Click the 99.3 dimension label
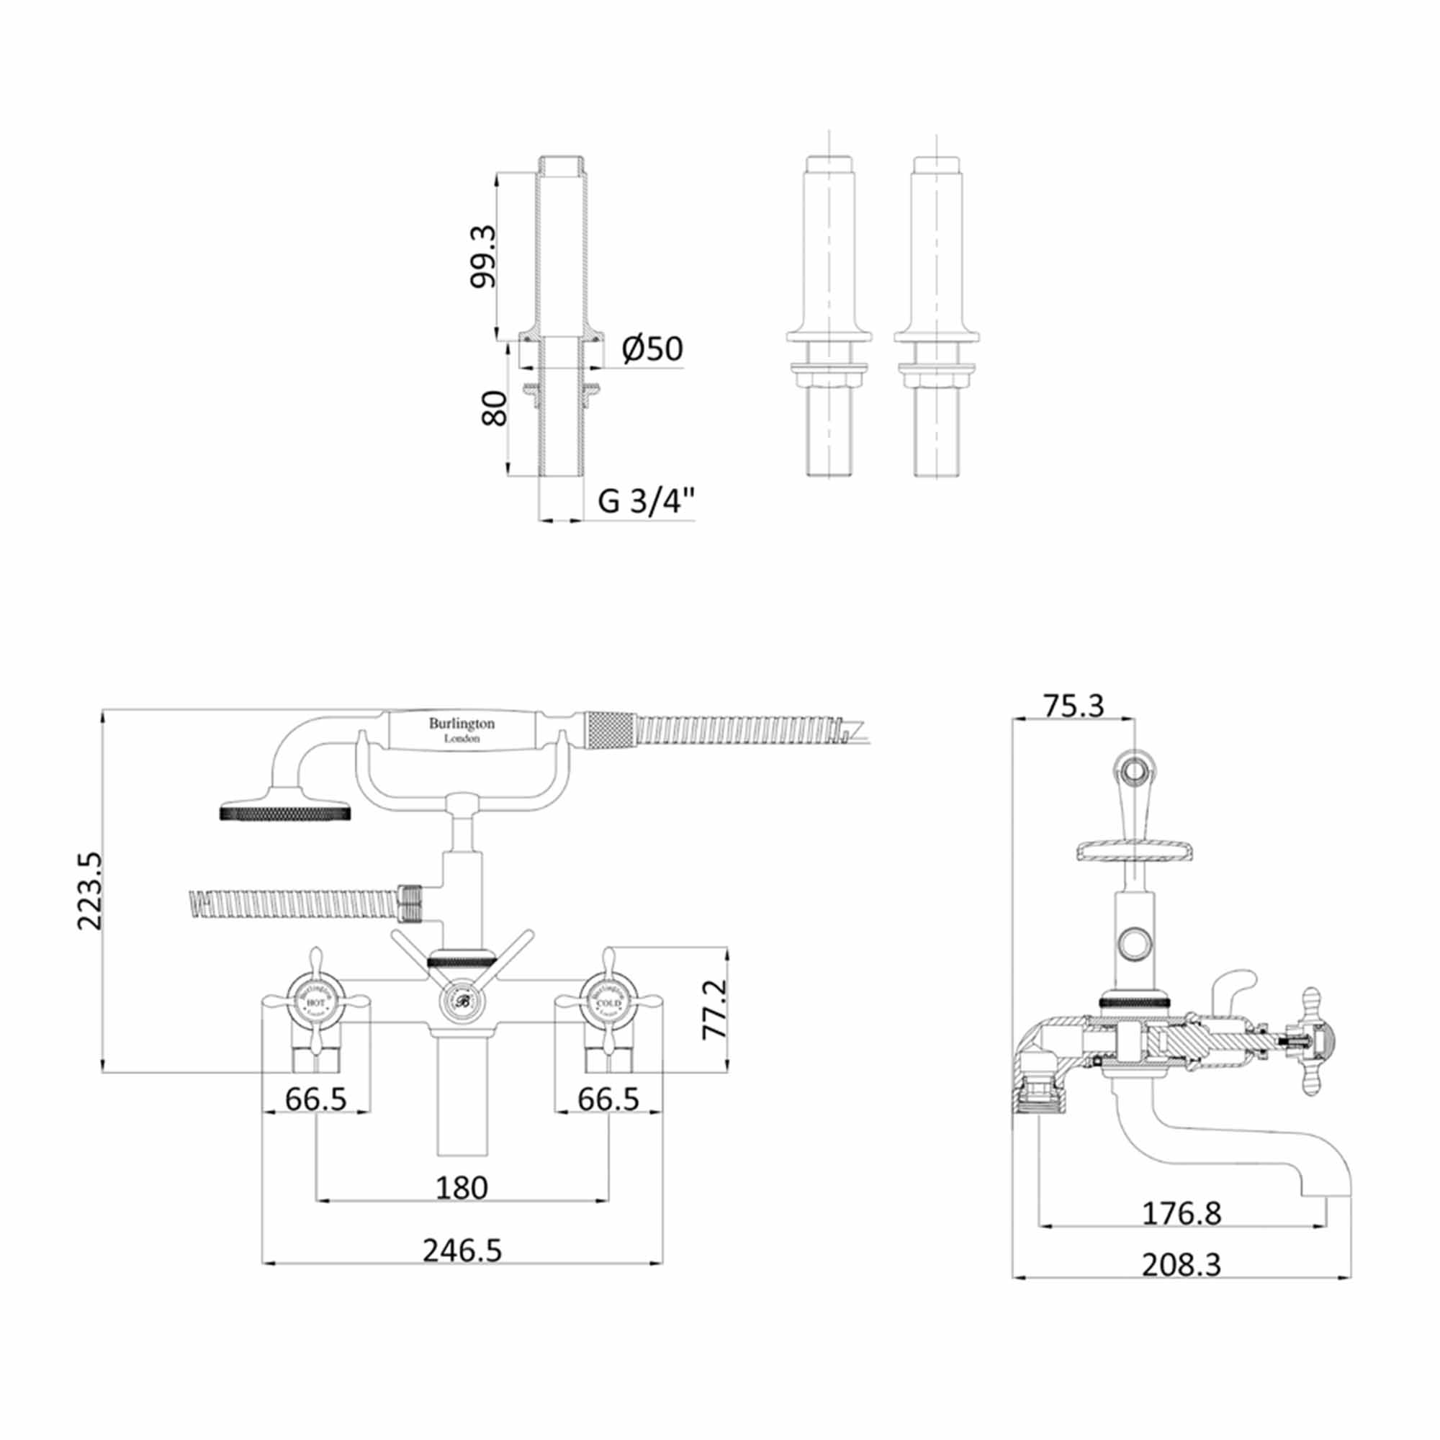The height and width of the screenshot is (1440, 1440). tap(484, 256)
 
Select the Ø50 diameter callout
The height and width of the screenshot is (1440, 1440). tap(652, 348)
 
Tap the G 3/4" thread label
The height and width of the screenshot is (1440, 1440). tap(647, 501)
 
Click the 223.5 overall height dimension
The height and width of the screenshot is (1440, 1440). tap(90, 891)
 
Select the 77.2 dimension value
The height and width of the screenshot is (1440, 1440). tap(714, 1009)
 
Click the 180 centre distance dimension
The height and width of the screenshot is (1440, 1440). tap(462, 1188)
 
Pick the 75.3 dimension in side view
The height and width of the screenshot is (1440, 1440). tap(1073, 705)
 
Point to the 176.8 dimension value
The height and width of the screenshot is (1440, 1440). tap(1182, 1212)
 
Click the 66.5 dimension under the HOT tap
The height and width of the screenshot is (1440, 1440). tap(316, 1099)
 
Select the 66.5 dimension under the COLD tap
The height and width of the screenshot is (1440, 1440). tap(608, 1099)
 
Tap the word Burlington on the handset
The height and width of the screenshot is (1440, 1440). tap(462, 723)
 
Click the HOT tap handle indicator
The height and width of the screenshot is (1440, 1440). tap(315, 1004)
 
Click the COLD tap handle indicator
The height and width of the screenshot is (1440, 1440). tap(608, 1004)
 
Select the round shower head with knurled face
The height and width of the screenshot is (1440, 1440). tap(285, 811)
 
